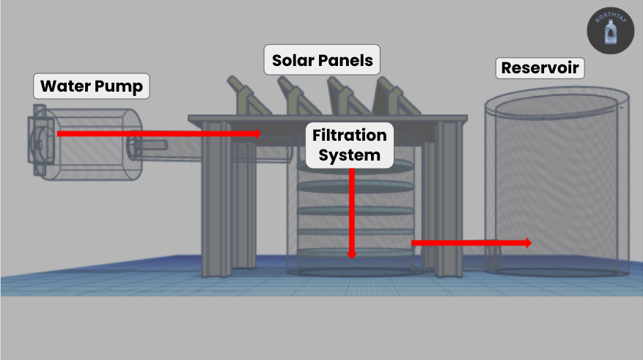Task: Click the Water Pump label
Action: (x=92, y=86)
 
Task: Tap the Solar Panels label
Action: (x=322, y=60)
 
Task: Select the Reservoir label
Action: (x=540, y=68)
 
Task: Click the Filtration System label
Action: (x=350, y=145)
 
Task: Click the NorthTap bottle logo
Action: (x=611, y=31)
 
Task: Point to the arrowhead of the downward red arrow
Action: (x=351, y=255)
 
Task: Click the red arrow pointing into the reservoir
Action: (x=471, y=243)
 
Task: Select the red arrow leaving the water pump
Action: (x=159, y=133)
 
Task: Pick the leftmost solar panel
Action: (x=249, y=96)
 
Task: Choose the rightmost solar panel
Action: (x=397, y=96)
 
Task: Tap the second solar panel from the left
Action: (x=299, y=96)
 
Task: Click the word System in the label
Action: (x=350, y=155)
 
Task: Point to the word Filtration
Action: (x=350, y=135)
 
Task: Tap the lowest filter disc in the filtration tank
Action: (x=355, y=252)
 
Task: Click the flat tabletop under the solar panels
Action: (x=328, y=118)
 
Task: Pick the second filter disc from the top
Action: (x=355, y=186)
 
